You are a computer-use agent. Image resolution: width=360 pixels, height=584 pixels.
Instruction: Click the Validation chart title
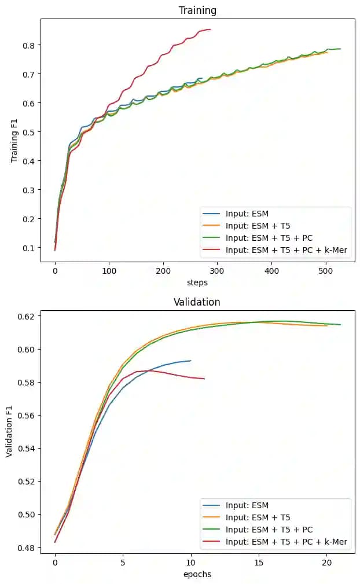197,302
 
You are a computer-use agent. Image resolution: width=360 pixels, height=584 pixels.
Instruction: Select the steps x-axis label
197,282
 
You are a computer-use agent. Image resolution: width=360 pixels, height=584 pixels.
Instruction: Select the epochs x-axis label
197,574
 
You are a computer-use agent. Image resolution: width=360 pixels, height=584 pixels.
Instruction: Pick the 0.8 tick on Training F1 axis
27,45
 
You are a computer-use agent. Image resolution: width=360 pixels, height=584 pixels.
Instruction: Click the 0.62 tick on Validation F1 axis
24,316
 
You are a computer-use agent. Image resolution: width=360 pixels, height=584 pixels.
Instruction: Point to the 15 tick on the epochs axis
259,563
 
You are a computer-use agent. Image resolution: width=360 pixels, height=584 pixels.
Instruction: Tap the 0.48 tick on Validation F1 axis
24,548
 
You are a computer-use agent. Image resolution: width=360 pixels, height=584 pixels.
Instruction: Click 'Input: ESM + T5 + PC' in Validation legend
269,530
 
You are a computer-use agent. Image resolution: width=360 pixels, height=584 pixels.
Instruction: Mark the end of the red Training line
210,30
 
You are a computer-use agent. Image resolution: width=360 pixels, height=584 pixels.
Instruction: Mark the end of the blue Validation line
191,361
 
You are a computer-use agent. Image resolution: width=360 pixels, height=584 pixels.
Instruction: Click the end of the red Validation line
204,379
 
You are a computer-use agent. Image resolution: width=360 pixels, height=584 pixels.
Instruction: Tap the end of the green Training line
340,49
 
